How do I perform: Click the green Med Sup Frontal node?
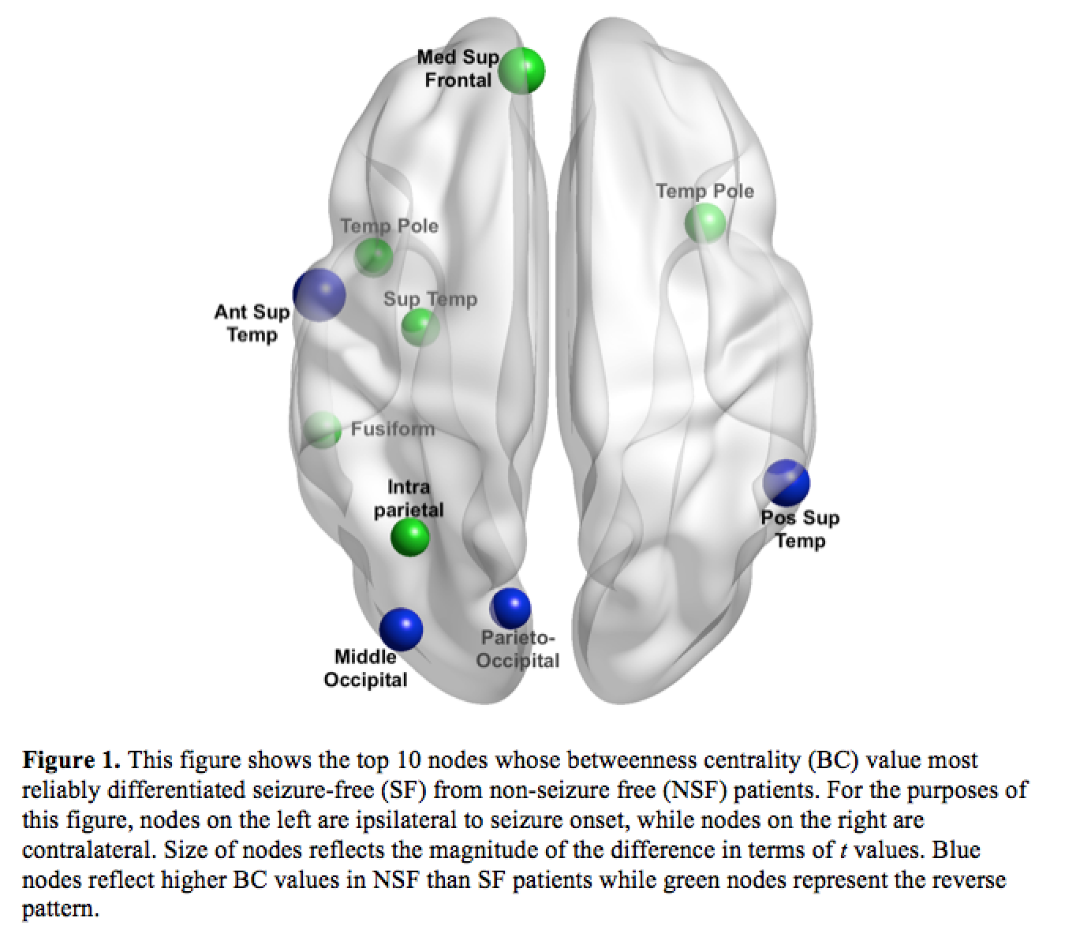click(521, 70)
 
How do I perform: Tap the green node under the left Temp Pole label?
click(373, 256)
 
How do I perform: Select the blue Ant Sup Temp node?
click(319, 294)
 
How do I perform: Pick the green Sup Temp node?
click(420, 326)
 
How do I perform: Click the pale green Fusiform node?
click(322, 430)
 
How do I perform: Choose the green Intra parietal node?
click(410, 537)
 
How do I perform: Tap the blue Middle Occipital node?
click(401, 629)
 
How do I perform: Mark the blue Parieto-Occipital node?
click(510, 608)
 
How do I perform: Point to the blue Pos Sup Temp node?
click(787, 483)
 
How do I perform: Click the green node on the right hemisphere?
click(704, 222)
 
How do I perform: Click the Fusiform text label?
click(393, 429)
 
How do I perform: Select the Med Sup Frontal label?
click(458, 69)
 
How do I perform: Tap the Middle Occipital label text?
click(365, 668)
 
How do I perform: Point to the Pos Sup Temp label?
click(800, 529)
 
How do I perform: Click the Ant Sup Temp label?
click(252, 323)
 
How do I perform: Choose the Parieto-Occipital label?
click(518, 649)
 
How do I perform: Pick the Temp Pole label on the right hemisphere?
click(704, 191)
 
